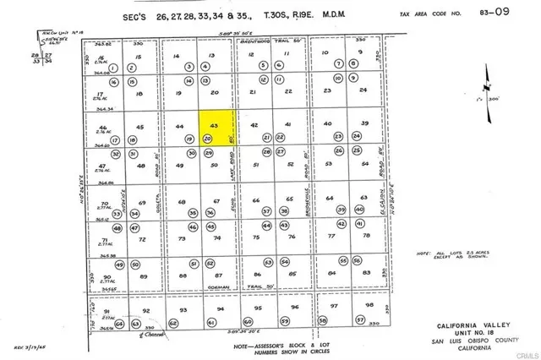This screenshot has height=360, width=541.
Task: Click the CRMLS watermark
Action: coord(521,352)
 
